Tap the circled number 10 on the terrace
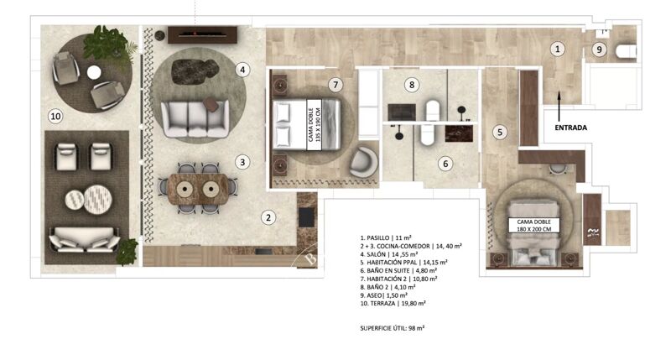56,117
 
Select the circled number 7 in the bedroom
335,85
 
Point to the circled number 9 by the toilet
598,50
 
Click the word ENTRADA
571,128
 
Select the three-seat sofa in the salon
195,118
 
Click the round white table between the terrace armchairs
94,72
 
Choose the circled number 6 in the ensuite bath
446,164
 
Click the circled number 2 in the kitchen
268,218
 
